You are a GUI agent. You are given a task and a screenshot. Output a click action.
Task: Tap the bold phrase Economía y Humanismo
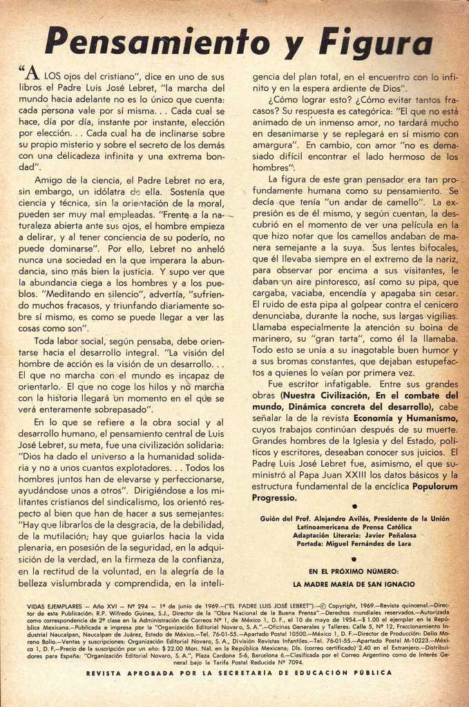[410, 418]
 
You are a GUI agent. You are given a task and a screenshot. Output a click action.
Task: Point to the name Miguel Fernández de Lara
[372, 543]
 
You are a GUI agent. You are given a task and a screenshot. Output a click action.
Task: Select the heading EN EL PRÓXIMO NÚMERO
[354, 571]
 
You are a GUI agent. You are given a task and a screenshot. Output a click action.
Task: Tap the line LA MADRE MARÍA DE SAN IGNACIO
[354, 584]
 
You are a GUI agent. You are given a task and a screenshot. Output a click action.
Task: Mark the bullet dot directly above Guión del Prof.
[354, 507]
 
